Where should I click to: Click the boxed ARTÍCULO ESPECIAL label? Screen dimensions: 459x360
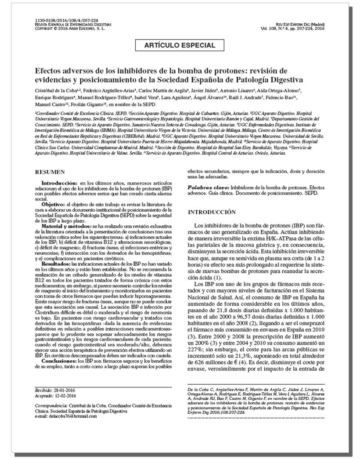pyautogui.click(x=180, y=45)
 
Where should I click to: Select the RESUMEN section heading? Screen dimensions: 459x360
pyautogui.click(x=50, y=172)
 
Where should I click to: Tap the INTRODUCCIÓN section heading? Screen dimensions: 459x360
pyautogui.click(x=212, y=212)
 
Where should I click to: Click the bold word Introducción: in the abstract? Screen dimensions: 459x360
pyautogui.click(x=60, y=183)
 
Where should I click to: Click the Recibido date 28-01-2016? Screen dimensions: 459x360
pyautogui.click(x=66, y=390)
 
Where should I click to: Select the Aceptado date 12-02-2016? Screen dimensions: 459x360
pyautogui.click(x=67, y=395)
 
